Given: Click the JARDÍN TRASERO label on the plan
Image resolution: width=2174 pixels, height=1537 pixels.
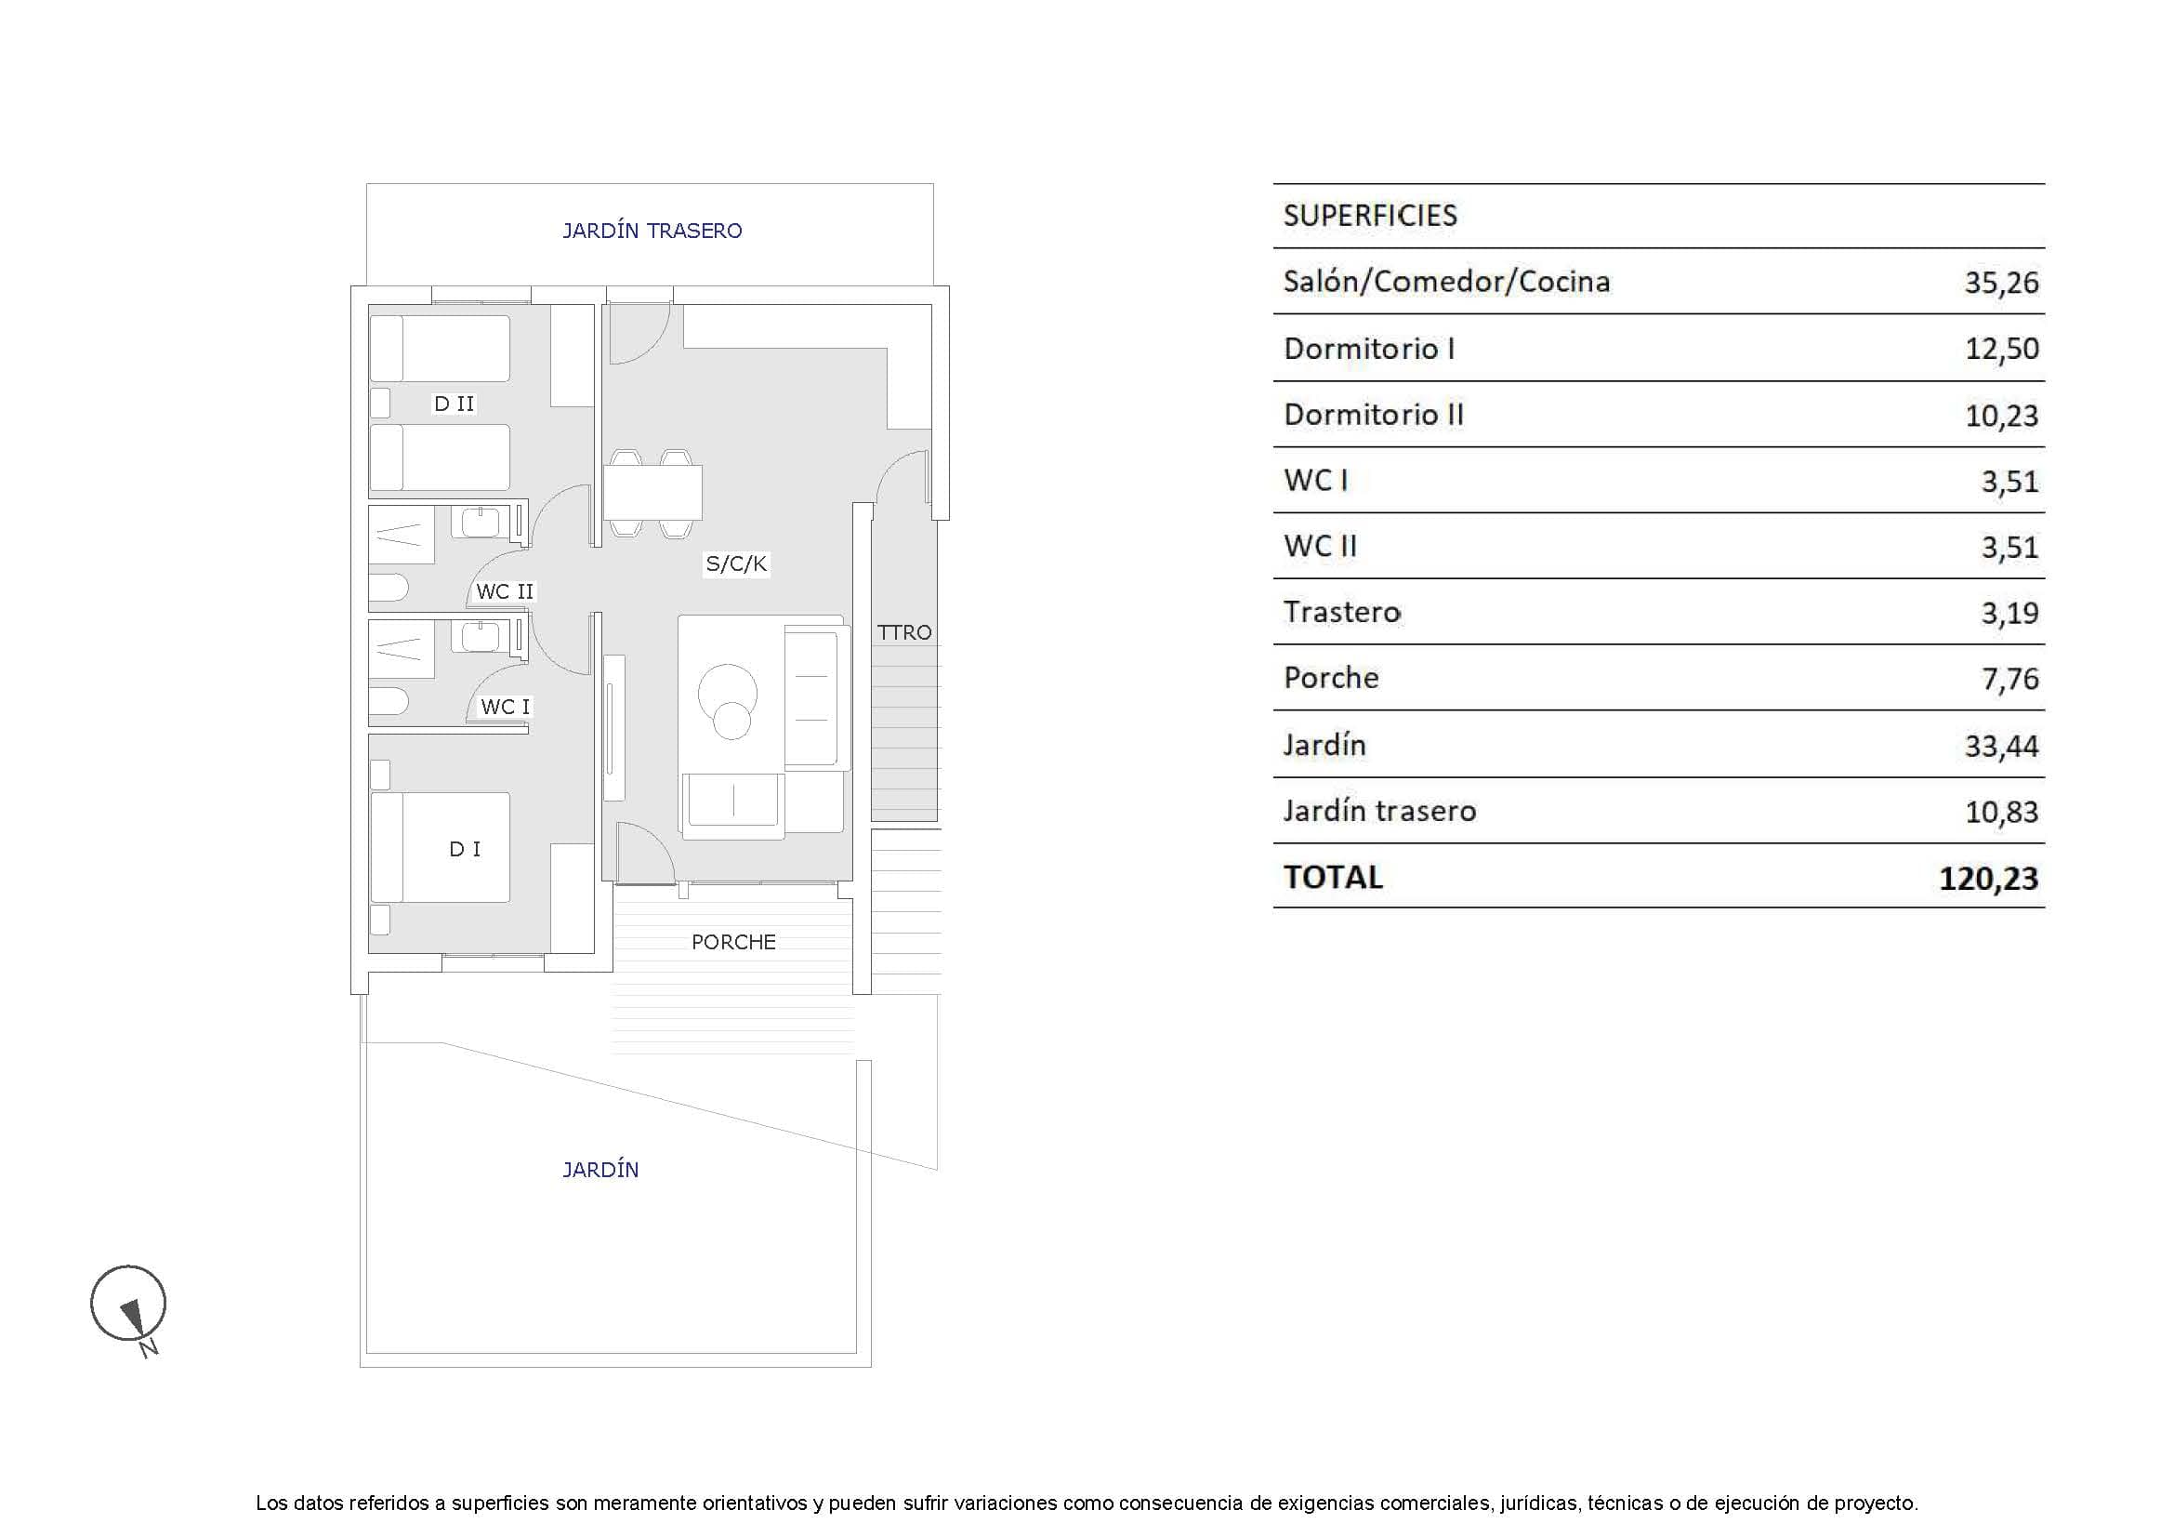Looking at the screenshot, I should (x=652, y=230).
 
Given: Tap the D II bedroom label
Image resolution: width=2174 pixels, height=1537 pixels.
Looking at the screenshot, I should (x=454, y=404).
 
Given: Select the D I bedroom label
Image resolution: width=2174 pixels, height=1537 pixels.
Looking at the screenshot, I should (x=464, y=849).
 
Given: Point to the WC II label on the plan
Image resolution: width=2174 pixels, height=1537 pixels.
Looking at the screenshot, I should (x=505, y=592).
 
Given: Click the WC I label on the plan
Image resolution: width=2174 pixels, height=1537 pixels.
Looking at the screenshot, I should (x=505, y=707).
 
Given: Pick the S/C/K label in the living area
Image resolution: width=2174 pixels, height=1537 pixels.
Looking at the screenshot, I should (x=736, y=564).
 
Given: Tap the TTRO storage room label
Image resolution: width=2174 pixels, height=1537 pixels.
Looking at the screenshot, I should (x=903, y=632).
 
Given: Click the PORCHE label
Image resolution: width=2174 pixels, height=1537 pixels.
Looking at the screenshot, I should (x=732, y=942).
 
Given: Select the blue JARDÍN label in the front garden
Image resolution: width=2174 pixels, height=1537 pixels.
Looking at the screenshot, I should (x=600, y=1170).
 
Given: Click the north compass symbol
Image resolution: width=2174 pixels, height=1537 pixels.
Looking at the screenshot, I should (x=129, y=1304).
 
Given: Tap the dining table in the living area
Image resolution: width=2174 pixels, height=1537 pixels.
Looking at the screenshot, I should (x=652, y=493).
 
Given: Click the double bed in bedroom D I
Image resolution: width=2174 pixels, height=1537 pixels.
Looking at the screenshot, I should (x=441, y=848).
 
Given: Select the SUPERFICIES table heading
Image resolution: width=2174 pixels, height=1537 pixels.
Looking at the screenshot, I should (x=1369, y=216).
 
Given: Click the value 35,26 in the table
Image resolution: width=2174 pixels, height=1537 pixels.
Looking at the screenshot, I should (x=2001, y=283).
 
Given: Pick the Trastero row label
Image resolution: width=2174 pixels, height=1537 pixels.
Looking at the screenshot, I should (x=1342, y=613).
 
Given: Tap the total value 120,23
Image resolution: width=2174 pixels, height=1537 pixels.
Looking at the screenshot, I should (x=1987, y=878).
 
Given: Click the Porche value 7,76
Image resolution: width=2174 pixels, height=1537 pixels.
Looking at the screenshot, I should (x=2009, y=679).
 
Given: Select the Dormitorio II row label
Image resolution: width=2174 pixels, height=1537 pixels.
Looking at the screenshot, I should (x=1373, y=415).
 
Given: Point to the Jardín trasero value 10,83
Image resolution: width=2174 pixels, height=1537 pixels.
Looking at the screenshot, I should (x=2001, y=812).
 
